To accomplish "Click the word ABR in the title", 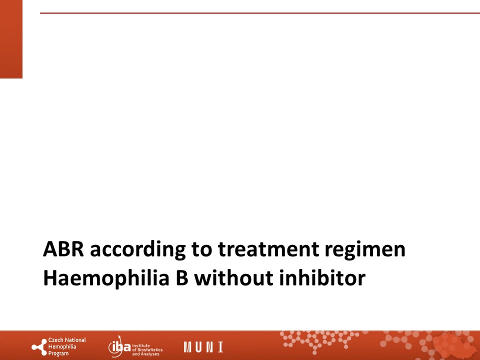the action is [x=63, y=249].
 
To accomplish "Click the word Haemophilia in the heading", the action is [x=106, y=278].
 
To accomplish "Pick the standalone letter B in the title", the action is [x=182, y=278].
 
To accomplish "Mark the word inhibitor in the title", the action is [x=322, y=278].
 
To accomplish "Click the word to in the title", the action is [x=201, y=250].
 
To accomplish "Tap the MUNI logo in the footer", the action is [x=203, y=347].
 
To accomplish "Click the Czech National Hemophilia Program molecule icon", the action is [x=39, y=347].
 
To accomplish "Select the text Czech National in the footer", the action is [x=67, y=340].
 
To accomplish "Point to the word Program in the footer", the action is [x=58, y=353].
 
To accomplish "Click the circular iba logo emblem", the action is [x=119, y=346].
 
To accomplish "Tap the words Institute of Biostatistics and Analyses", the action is [x=147, y=349].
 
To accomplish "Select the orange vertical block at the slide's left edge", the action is [x=11, y=39].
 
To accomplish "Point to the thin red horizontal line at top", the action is [x=260, y=13].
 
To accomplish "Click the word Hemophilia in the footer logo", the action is [x=62, y=347].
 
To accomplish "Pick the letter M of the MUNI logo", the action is [x=187, y=347].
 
